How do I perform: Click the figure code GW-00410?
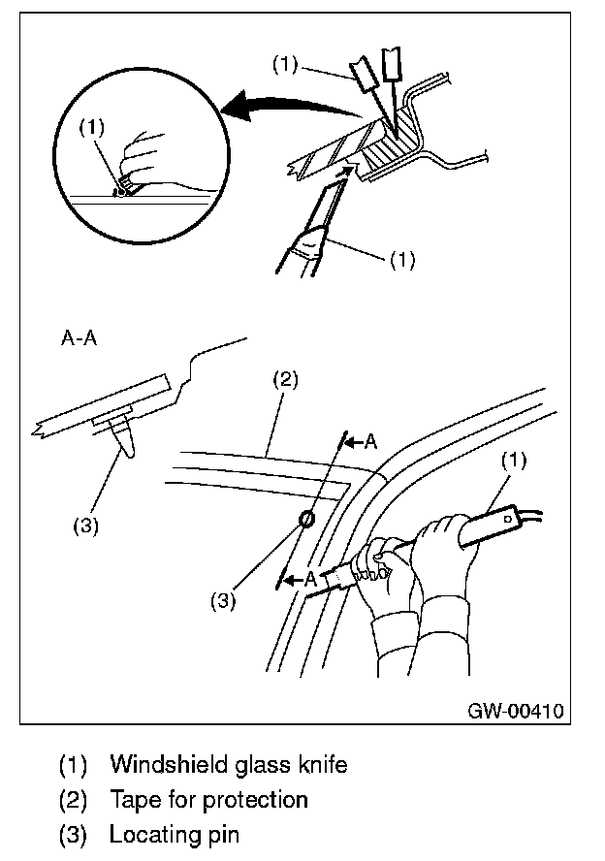point(515,710)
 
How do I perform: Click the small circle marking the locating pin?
point(304,520)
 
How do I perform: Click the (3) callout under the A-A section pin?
point(87,526)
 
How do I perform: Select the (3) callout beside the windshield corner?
point(224,600)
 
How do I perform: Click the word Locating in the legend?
point(150,834)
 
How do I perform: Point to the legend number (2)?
point(75,800)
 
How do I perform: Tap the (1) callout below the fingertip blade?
point(400,261)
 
